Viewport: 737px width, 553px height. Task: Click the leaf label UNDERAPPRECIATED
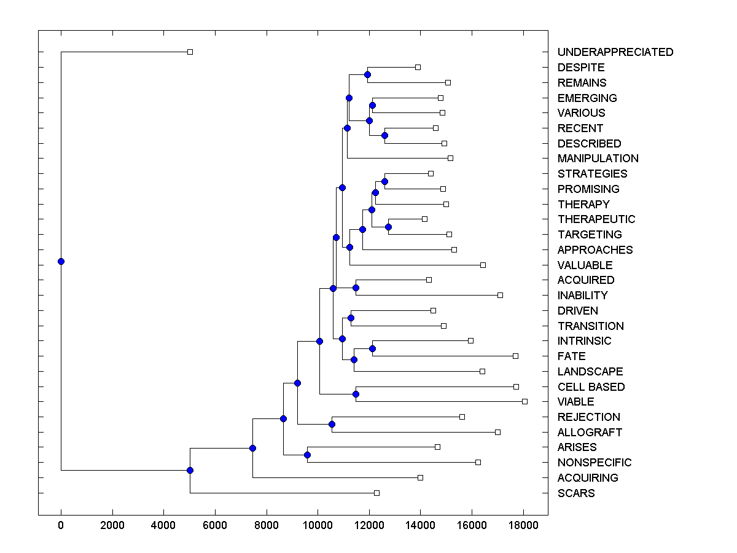click(x=615, y=52)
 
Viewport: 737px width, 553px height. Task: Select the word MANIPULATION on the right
click(x=598, y=159)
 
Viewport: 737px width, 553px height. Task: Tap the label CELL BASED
click(x=591, y=387)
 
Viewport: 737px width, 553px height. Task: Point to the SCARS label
click(x=575, y=493)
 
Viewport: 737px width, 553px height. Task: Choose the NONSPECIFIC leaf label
click(x=594, y=463)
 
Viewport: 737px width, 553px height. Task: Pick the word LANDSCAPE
click(x=590, y=372)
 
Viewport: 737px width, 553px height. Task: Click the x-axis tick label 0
click(x=61, y=526)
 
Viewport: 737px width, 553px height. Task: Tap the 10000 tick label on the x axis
click(x=318, y=526)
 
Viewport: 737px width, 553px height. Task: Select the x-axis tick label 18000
click(x=523, y=526)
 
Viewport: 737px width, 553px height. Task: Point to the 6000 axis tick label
click(x=215, y=526)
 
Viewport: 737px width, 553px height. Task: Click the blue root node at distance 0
click(x=61, y=261)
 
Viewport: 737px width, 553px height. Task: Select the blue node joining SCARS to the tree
click(x=190, y=470)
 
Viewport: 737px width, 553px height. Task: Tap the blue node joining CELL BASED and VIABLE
click(x=356, y=394)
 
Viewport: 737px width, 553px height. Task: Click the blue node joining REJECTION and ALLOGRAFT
click(x=332, y=424)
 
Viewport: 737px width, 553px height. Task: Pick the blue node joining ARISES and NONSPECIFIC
click(x=307, y=455)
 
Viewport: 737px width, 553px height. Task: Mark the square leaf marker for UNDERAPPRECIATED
click(x=190, y=52)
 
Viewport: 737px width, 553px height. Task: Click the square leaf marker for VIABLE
click(x=524, y=401)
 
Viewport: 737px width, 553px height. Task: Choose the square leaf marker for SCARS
click(x=376, y=493)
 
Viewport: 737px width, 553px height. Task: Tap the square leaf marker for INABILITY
click(x=500, y=295)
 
